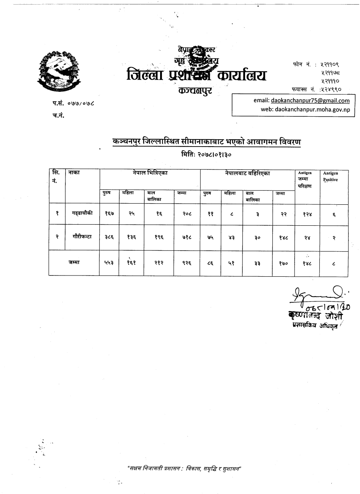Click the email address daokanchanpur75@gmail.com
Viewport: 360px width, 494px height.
(x=310, y=101)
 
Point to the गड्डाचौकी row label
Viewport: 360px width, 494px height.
(x=82, y=214)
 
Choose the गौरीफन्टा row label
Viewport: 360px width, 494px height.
(x=82, y=237)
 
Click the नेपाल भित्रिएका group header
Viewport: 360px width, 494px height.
(x=149, y=173)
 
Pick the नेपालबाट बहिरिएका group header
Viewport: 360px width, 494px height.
(x=247, y=173)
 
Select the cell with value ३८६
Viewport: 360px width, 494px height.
(x=109, y=238)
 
